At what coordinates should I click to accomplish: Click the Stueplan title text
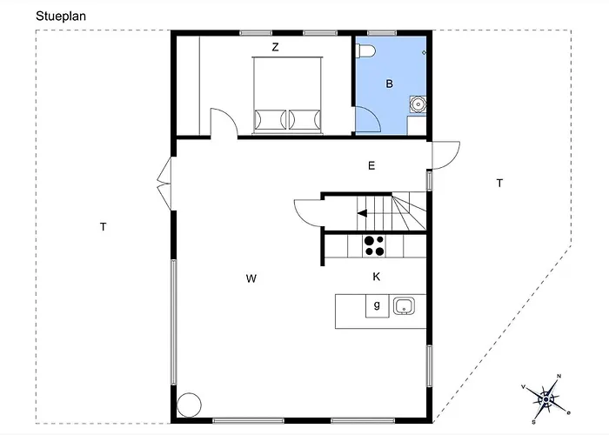pyautogui.click(x=61, y=17)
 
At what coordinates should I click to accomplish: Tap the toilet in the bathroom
pyautogui.click(x=365, y=50)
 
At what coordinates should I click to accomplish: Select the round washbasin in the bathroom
pyautogui.click(x=418, y=104)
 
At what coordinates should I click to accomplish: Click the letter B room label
pyautogui.click(x=389, y=84)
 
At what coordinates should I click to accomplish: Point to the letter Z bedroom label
pyautogui.click(x=276, y=47)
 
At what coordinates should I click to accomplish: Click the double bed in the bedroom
pyautogui.click(x=287, y=96)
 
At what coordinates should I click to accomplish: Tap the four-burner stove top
pyautogui.click(x=374, y=246)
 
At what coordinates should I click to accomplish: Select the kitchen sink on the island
pyautogui.click(x=404, y=305)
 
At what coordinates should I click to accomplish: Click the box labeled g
pyautogui.click(x=377, y=306)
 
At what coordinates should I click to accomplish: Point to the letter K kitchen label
pyautogui.click(x=377, y=277)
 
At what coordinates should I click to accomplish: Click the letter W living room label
pyautogui.click(x=251, y=278)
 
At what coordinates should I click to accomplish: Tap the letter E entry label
pyautogui.click(x=371, y=166)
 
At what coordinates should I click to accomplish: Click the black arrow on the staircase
pyautogui.click(x=363, y=213)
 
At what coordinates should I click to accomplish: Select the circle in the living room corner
pyautogui.click(x=189, y=405)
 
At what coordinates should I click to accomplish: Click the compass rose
pyautogui.click(x=546, y=399)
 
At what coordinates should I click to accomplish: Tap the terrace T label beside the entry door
pyautogui.click(x=500, y=183)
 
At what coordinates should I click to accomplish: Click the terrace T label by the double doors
pyautogui.click(x=103, y=227)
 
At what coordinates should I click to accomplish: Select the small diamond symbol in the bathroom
pyautogui.click(x=425, y=52)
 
